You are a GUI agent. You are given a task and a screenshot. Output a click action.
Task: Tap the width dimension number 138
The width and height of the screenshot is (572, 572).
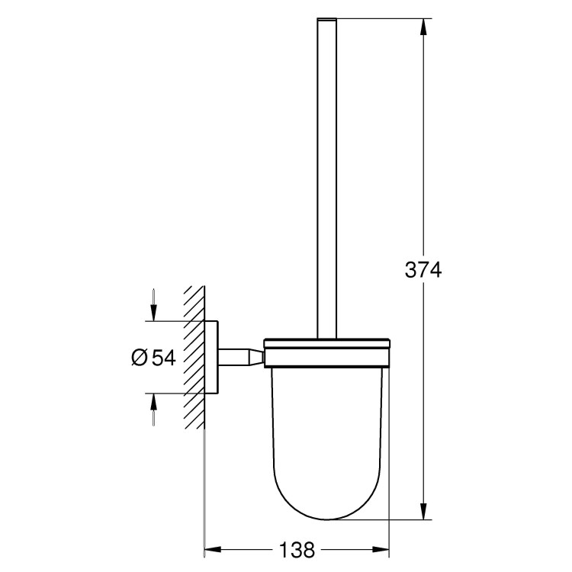(x=297, y=548)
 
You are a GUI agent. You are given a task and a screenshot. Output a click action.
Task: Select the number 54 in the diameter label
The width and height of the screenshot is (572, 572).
(x=163, y=358)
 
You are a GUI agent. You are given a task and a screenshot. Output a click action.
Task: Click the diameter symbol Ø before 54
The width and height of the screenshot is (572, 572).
(x=139, y=358)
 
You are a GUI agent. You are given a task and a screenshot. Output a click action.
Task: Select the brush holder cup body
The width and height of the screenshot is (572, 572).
(x=327, y=435)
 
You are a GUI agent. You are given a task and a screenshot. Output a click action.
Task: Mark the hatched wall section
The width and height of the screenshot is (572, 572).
(x=194, y=358)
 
